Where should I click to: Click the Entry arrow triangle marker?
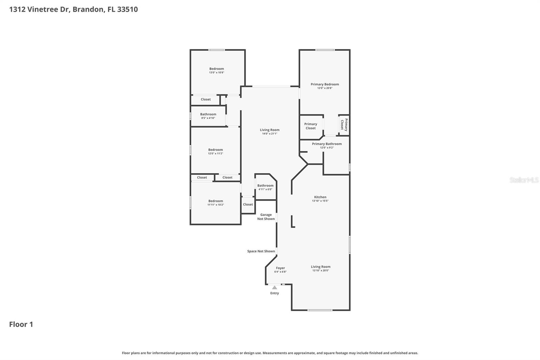coord(274,288)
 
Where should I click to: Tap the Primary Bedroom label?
coord(325,84)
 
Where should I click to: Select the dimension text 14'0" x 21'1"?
coord(269,134)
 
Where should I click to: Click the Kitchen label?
coord(320,197)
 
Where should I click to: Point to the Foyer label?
coord(280,268)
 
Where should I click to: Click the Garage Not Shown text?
coord(266,217)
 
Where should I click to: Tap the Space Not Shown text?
coord(261,251)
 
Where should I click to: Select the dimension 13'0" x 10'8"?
coord(216,73)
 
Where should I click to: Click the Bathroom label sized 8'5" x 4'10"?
coord(208,114)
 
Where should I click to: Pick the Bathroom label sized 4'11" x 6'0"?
coord(265,185)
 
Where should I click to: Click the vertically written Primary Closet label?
coord(344,125)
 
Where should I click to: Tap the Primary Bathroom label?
coord(327,144)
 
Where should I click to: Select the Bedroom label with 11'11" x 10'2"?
coord(215,201)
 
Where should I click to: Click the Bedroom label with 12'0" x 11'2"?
coord(215,150)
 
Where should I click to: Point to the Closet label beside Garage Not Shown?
coord(248,204)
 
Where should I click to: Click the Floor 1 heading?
coord(21,324)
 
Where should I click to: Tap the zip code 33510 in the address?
coord(127,9)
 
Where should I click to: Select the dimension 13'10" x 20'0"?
coord(320,271)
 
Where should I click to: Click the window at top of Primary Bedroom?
coord(325,50)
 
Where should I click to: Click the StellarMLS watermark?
coord(524,180)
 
